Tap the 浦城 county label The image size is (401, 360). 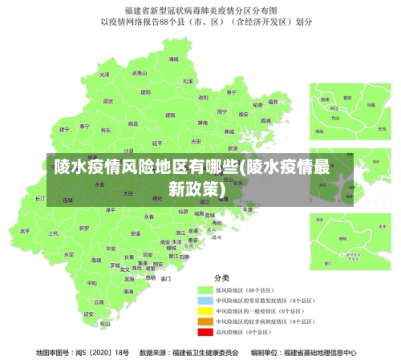click(x=173, y=59)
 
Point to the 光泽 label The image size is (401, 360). click(x=103, y=75)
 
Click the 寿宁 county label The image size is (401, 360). click(x=232, y=92)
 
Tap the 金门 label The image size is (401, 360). click(x=165, y=279)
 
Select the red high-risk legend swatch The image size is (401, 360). click(x=205, y=330)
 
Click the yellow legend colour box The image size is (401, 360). click(x=205, y=309)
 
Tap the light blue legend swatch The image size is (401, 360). click(x=205, y=299)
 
